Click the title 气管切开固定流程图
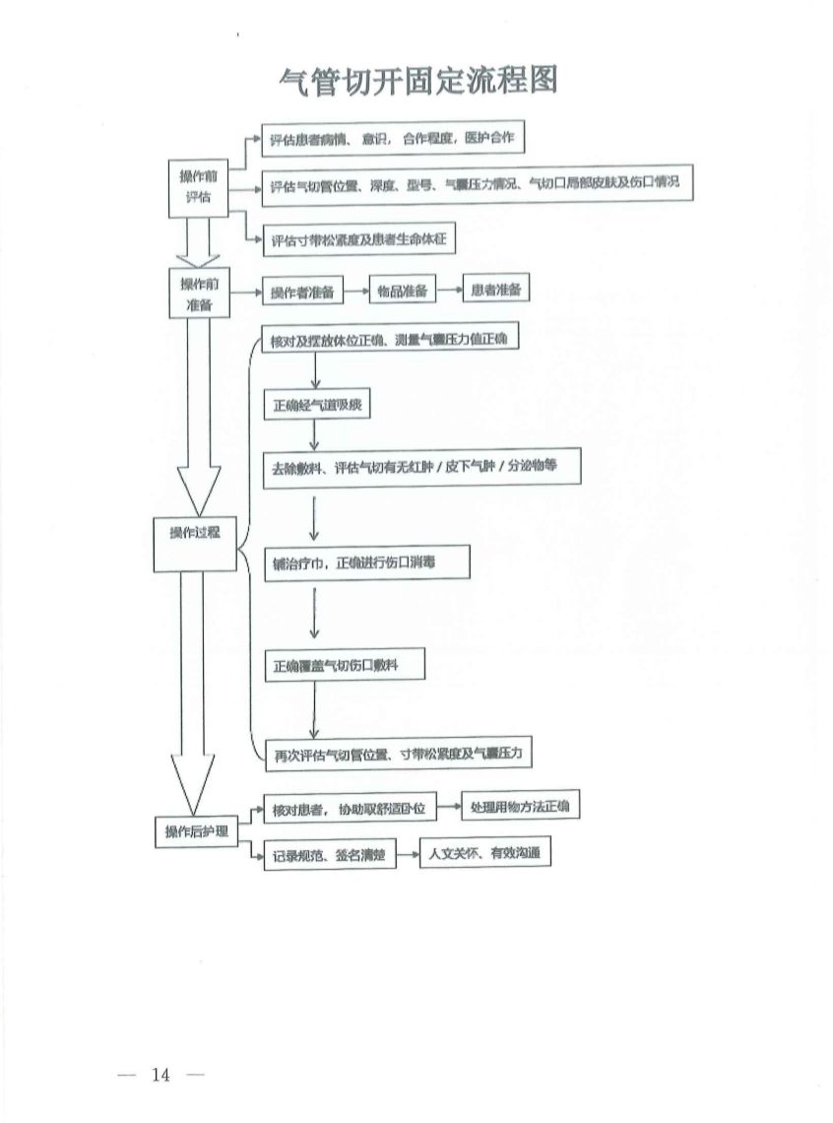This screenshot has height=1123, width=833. click(x=418, y=82)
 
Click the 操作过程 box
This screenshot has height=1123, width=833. click(x=194, y=532)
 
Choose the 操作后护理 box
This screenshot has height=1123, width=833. click(x=196, y=831)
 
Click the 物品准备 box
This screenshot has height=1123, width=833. click(x=402, y=291)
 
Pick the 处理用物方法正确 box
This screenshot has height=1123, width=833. click(x=520, y=807)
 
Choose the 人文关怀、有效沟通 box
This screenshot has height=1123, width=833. click(x=484, y=853)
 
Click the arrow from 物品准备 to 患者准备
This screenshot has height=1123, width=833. click(x=448, y=291)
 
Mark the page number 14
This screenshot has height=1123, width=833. click(x=161, y=1073)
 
